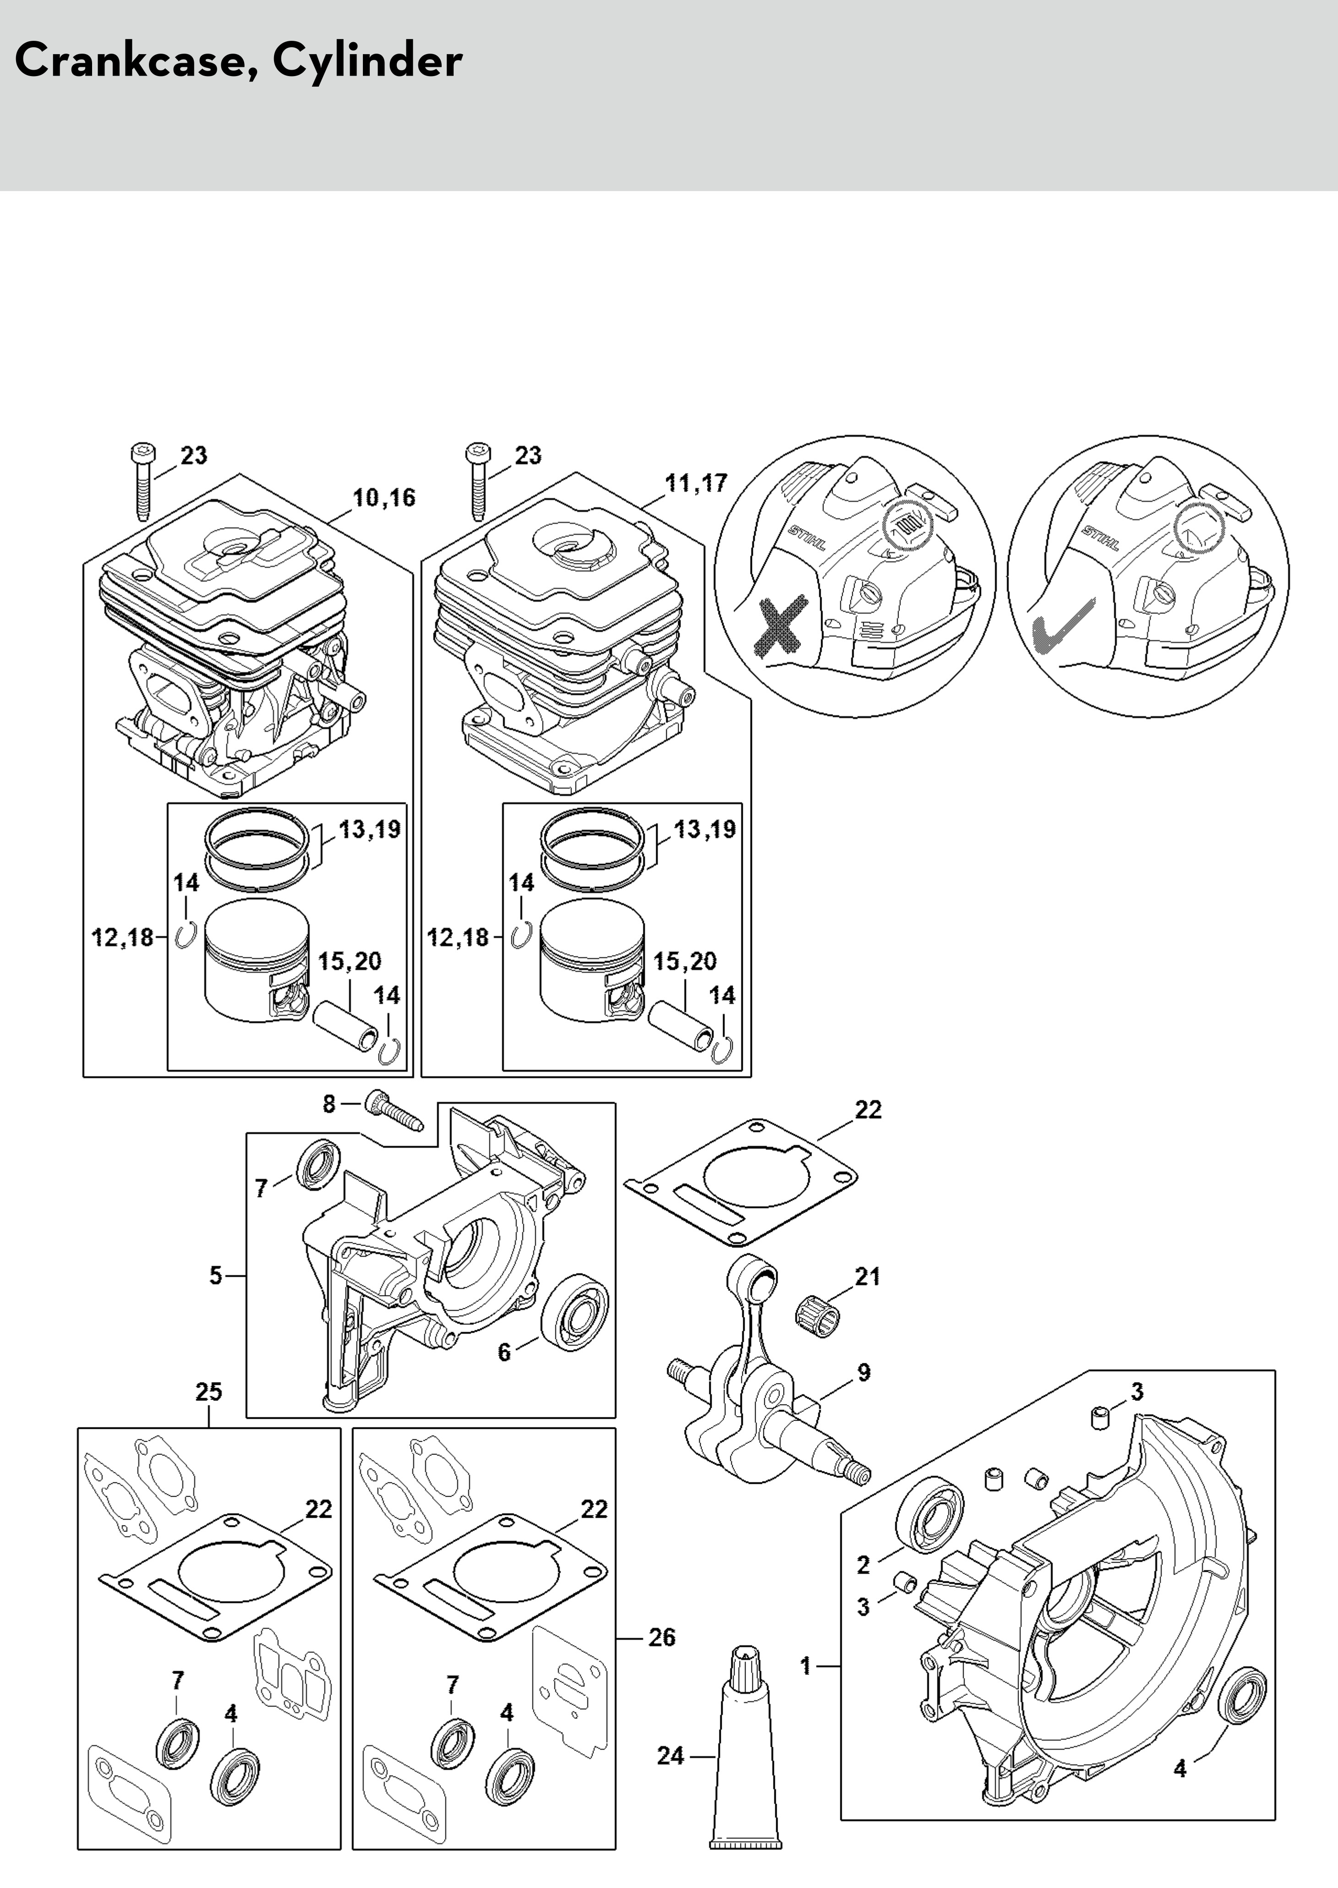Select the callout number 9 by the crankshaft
coord(863,1372)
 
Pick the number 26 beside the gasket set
coord(662,1637)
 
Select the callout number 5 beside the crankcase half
coord(216,1275)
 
